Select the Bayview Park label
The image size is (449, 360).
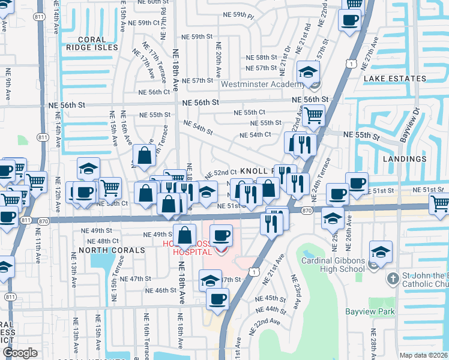[x=370, y=311]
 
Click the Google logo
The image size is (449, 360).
[x=20, y=353]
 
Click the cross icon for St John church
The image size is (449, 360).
[x=393, y=279]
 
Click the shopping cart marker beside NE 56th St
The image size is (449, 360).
[x=313, y=115]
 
